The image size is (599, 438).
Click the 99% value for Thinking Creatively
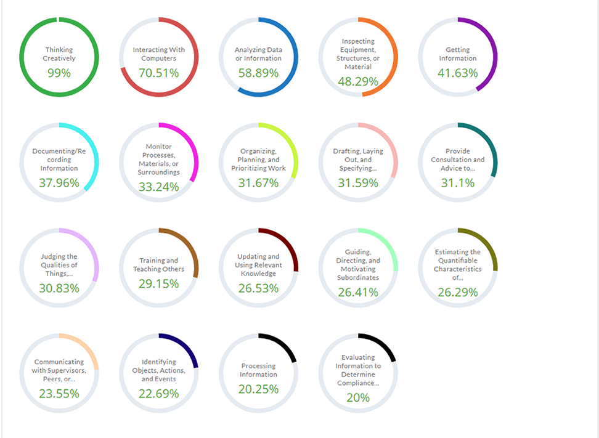coord(59,73)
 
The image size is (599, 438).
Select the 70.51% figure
coord(159,73)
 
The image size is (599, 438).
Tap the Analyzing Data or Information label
coord(258,54)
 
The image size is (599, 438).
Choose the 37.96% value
coord(59,182)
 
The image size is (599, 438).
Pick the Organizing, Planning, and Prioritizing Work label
coord(258,160)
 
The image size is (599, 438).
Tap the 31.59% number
coord(358,182)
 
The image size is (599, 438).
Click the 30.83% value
coord(59,288)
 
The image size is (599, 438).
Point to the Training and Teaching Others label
coord(159,265)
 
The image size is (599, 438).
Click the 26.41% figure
coord(358,292)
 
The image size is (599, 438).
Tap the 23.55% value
coord(59,392)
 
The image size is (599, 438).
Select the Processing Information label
coord(258,370)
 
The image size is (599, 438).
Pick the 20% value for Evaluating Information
coord(358,397)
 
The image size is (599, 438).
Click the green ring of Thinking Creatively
coord(22,57)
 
